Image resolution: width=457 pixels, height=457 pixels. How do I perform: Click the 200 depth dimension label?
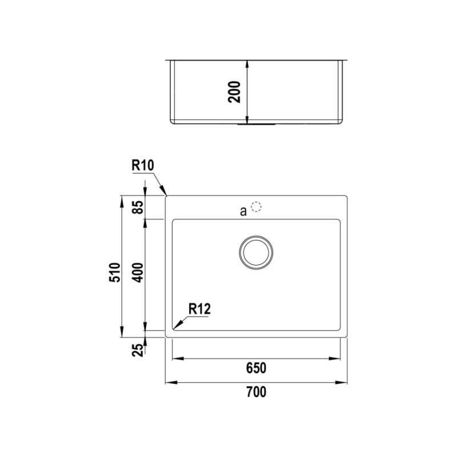(235, 92)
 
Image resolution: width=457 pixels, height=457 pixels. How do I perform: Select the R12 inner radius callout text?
(199, 309)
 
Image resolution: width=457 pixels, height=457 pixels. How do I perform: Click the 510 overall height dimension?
(115, 272)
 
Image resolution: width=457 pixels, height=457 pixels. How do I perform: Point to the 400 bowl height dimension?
(138, 272)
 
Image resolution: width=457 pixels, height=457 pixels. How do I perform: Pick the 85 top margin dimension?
(139, 207)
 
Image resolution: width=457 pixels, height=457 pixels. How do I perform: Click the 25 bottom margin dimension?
(139, 350)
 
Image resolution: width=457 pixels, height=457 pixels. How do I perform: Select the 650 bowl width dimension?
(256, 368)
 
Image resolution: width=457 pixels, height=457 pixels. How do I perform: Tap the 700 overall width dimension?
(256, 392)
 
